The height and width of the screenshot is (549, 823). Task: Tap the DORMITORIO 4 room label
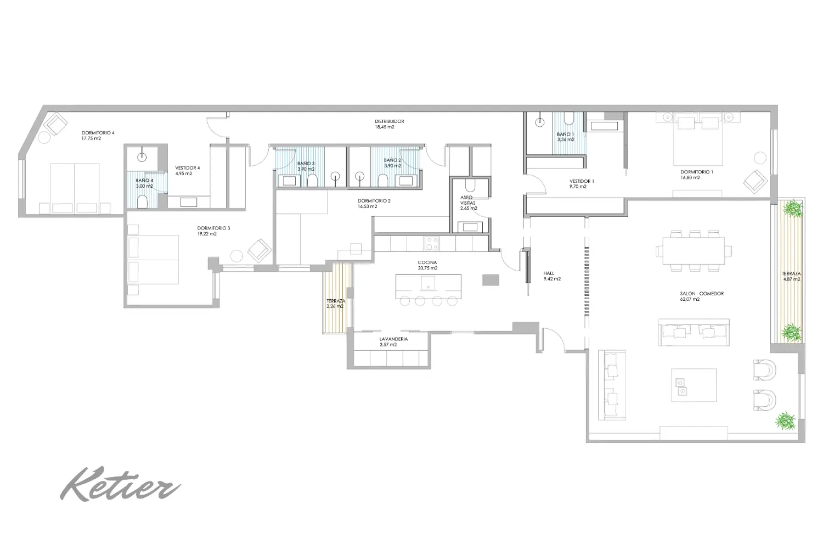[98, 133]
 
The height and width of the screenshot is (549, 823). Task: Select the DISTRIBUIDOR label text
[390, 121]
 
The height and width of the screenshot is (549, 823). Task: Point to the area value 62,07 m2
[690, 299]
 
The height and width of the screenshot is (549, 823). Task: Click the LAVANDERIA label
[393, 339]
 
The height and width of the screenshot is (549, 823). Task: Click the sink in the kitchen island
[427, 283]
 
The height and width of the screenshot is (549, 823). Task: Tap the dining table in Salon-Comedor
[694, 250]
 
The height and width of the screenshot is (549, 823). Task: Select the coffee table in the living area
[694, 385]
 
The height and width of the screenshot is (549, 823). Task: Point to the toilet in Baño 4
[142, 201]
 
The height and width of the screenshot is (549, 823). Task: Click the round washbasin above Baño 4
[142, 158]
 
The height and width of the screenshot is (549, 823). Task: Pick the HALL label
[549, 273]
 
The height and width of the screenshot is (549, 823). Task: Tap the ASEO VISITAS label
[467, 200]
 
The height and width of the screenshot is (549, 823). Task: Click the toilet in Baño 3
[312, 181]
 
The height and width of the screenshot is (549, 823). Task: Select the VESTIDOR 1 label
[582, 181]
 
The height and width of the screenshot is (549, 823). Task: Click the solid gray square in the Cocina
[491, 280]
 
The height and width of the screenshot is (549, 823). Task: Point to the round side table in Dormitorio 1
[760, 158]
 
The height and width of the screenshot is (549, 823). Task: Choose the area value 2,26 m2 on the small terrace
[335, 306]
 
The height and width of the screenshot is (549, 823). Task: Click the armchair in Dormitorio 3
[260, 250]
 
